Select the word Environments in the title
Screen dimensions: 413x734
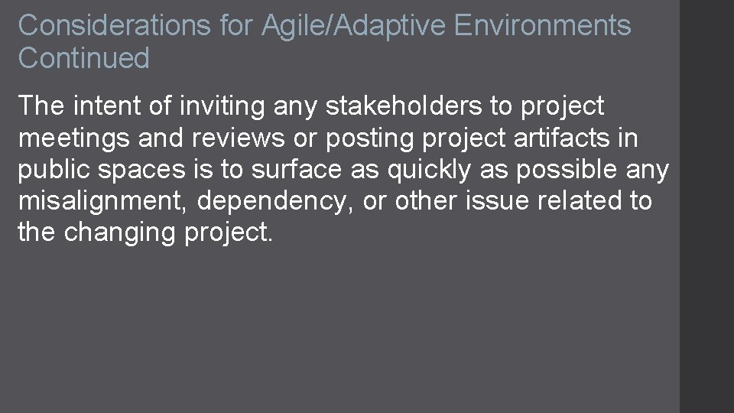tap(542, 25)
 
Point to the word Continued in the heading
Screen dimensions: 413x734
tap(84, 58)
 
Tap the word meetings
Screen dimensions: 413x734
tap(76, 138)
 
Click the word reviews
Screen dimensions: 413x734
tap(234, 138)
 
